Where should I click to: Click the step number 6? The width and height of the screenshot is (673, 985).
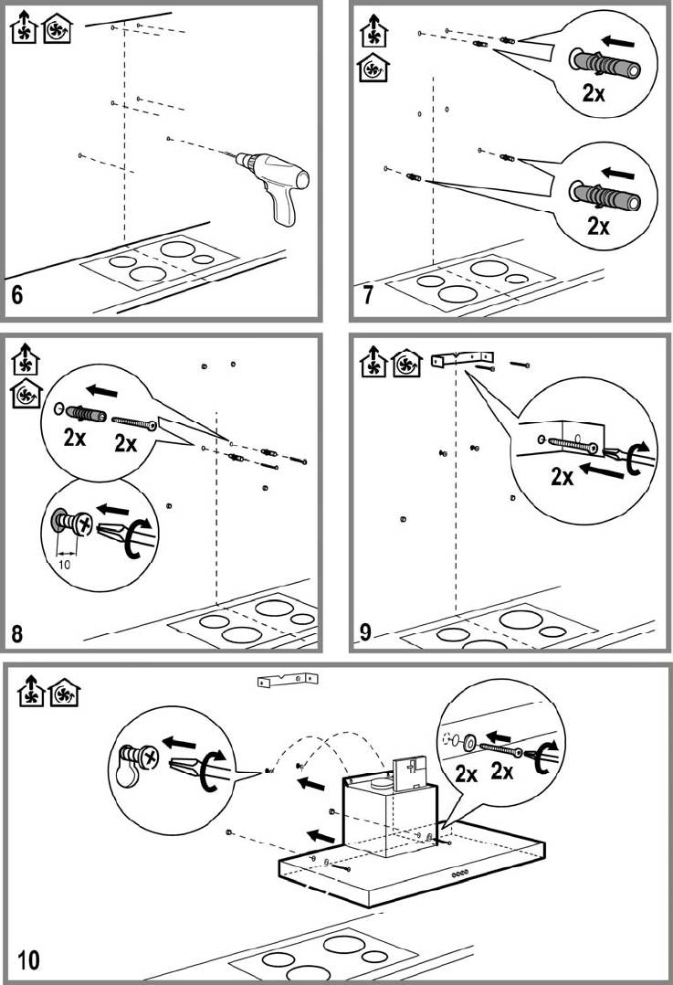point(17,294)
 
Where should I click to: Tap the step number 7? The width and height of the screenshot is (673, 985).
point(368,294)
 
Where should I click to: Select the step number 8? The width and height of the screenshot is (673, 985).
point(17,633)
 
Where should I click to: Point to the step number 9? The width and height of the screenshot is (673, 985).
point(365,631)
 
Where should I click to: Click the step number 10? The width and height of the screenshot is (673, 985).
point(28,959)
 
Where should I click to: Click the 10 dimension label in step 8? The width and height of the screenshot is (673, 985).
point(64,564)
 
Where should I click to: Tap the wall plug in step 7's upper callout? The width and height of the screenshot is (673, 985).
point(605,63)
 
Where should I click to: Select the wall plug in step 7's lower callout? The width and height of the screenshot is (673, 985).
point(605,196)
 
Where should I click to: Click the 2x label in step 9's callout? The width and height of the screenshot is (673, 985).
point(562,477)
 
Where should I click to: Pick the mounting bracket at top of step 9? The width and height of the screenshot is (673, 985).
point(463,359)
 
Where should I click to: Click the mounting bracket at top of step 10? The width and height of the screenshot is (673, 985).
point(288,680)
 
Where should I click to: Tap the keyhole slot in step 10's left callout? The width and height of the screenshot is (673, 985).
point(126,774)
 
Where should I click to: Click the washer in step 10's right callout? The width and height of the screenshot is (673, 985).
point(468,743)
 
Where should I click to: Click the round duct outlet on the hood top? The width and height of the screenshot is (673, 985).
point(380,783)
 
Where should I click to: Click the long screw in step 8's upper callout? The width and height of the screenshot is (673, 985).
point(133,423)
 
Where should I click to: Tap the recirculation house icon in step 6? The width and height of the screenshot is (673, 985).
point(58,29)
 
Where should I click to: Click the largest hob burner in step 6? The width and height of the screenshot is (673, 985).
point(178,249)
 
